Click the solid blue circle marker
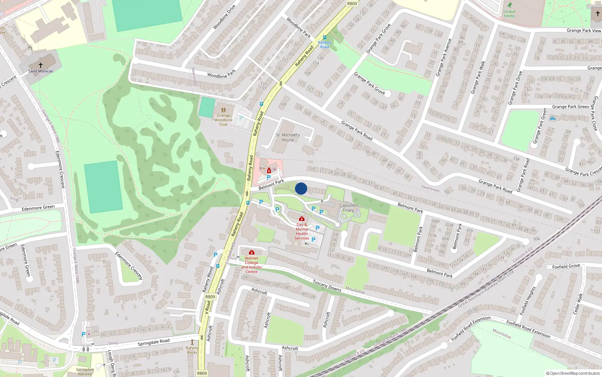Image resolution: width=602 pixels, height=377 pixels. tap(301, 188)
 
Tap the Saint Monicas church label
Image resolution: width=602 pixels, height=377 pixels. tap(41, 71)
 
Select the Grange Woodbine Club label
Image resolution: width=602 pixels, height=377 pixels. tap(223, 120)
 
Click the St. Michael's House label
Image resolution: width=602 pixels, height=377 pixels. tap(288, 137)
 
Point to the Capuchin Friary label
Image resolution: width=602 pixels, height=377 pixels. tap(348, 208)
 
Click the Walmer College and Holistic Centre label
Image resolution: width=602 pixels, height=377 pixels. tap(251, 265)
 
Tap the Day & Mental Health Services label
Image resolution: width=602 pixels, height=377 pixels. tap(302, 231)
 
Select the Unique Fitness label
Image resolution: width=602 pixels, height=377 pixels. tap(509, 14)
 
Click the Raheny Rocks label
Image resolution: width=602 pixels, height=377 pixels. tap(192, 350)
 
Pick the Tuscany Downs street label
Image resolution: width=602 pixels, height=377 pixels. tap(327, 286)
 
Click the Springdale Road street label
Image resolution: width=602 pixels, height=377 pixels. tap(154, 342)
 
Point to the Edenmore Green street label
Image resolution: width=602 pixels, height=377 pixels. tap(38, 208)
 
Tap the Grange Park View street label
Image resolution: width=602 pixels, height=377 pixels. tap(584, 31)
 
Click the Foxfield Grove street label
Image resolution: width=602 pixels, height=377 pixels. tap(566, 266)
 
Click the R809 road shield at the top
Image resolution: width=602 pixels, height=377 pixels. tap(352, 3)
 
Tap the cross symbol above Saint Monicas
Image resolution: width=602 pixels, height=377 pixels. tap(41, 65)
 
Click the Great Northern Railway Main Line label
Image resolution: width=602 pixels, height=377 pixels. tap(486, 288)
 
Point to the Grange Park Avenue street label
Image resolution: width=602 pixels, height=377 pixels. tap(443, 57)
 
